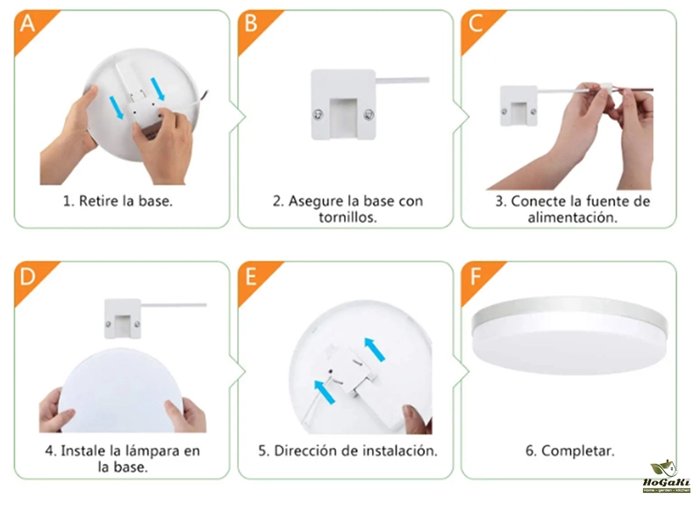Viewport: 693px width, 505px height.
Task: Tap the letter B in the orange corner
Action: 251,23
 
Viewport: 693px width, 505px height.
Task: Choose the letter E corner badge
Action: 251,277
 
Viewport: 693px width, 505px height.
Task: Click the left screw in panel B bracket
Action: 318,115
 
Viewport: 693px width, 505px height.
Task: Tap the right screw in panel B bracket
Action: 368,116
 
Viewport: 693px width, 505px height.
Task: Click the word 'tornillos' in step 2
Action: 347,217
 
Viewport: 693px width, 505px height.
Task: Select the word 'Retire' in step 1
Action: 99,201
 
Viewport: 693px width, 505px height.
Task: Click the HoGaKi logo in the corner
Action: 666,476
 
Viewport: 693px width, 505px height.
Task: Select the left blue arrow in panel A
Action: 117,108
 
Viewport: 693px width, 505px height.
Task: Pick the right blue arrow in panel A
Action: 158,89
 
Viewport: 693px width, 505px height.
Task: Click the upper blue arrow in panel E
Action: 375,350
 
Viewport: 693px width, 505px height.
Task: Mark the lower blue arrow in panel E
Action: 325,392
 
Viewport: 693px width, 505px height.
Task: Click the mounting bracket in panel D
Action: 123,319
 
